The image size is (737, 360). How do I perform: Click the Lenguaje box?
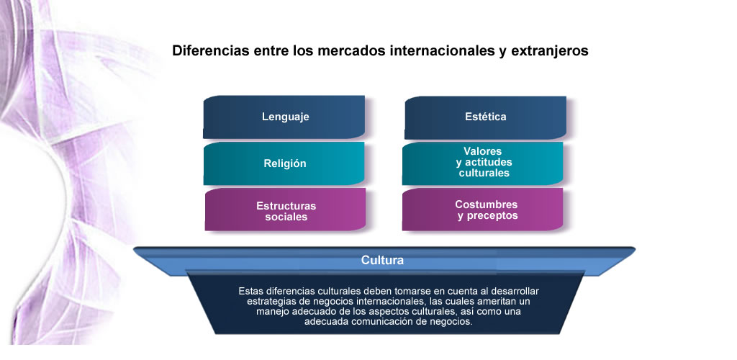(284, 117)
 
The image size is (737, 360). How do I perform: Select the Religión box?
(284, 163)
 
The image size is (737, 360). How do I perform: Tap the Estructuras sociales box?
(285, 209)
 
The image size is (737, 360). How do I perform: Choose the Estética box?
(485, 117)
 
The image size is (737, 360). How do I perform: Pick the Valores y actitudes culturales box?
(483, 163)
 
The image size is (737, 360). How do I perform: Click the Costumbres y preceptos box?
(483, 209)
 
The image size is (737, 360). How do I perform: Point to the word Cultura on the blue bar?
(382, 260)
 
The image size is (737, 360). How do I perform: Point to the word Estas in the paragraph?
(250, 292)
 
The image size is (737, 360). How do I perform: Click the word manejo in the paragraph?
(272, 312)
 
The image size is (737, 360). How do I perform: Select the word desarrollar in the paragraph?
(517, 292)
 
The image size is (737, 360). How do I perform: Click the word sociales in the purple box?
(286, 217)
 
